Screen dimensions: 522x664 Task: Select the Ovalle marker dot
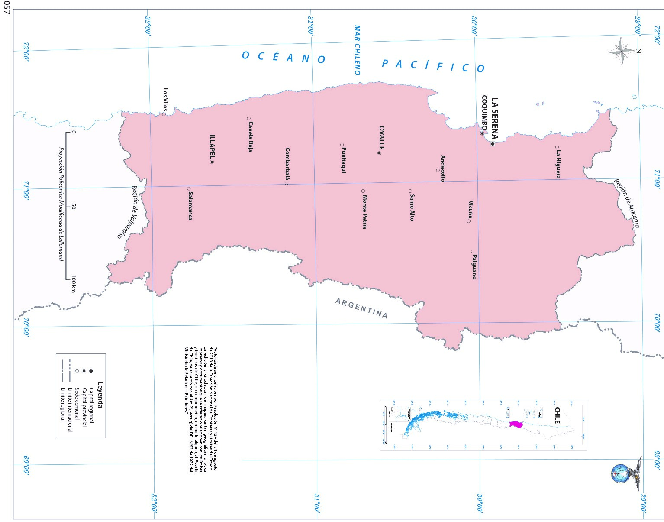[380, 153]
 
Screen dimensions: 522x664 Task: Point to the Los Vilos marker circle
[164, 114]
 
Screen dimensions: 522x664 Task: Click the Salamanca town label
[190, 206]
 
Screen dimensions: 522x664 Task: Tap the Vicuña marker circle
[469, 221]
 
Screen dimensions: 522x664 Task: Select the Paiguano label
[474, 267]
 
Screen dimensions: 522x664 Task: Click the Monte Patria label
[365, 212]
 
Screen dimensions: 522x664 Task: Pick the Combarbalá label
[288, 163]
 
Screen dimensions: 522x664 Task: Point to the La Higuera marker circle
[557, 147]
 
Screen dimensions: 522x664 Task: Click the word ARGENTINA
[361, 308]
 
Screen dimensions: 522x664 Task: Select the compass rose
[622, 51]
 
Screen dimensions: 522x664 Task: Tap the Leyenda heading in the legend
[100, 395]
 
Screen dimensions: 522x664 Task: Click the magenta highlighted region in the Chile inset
[516, 424]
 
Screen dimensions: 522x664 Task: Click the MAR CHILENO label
[357, 50]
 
